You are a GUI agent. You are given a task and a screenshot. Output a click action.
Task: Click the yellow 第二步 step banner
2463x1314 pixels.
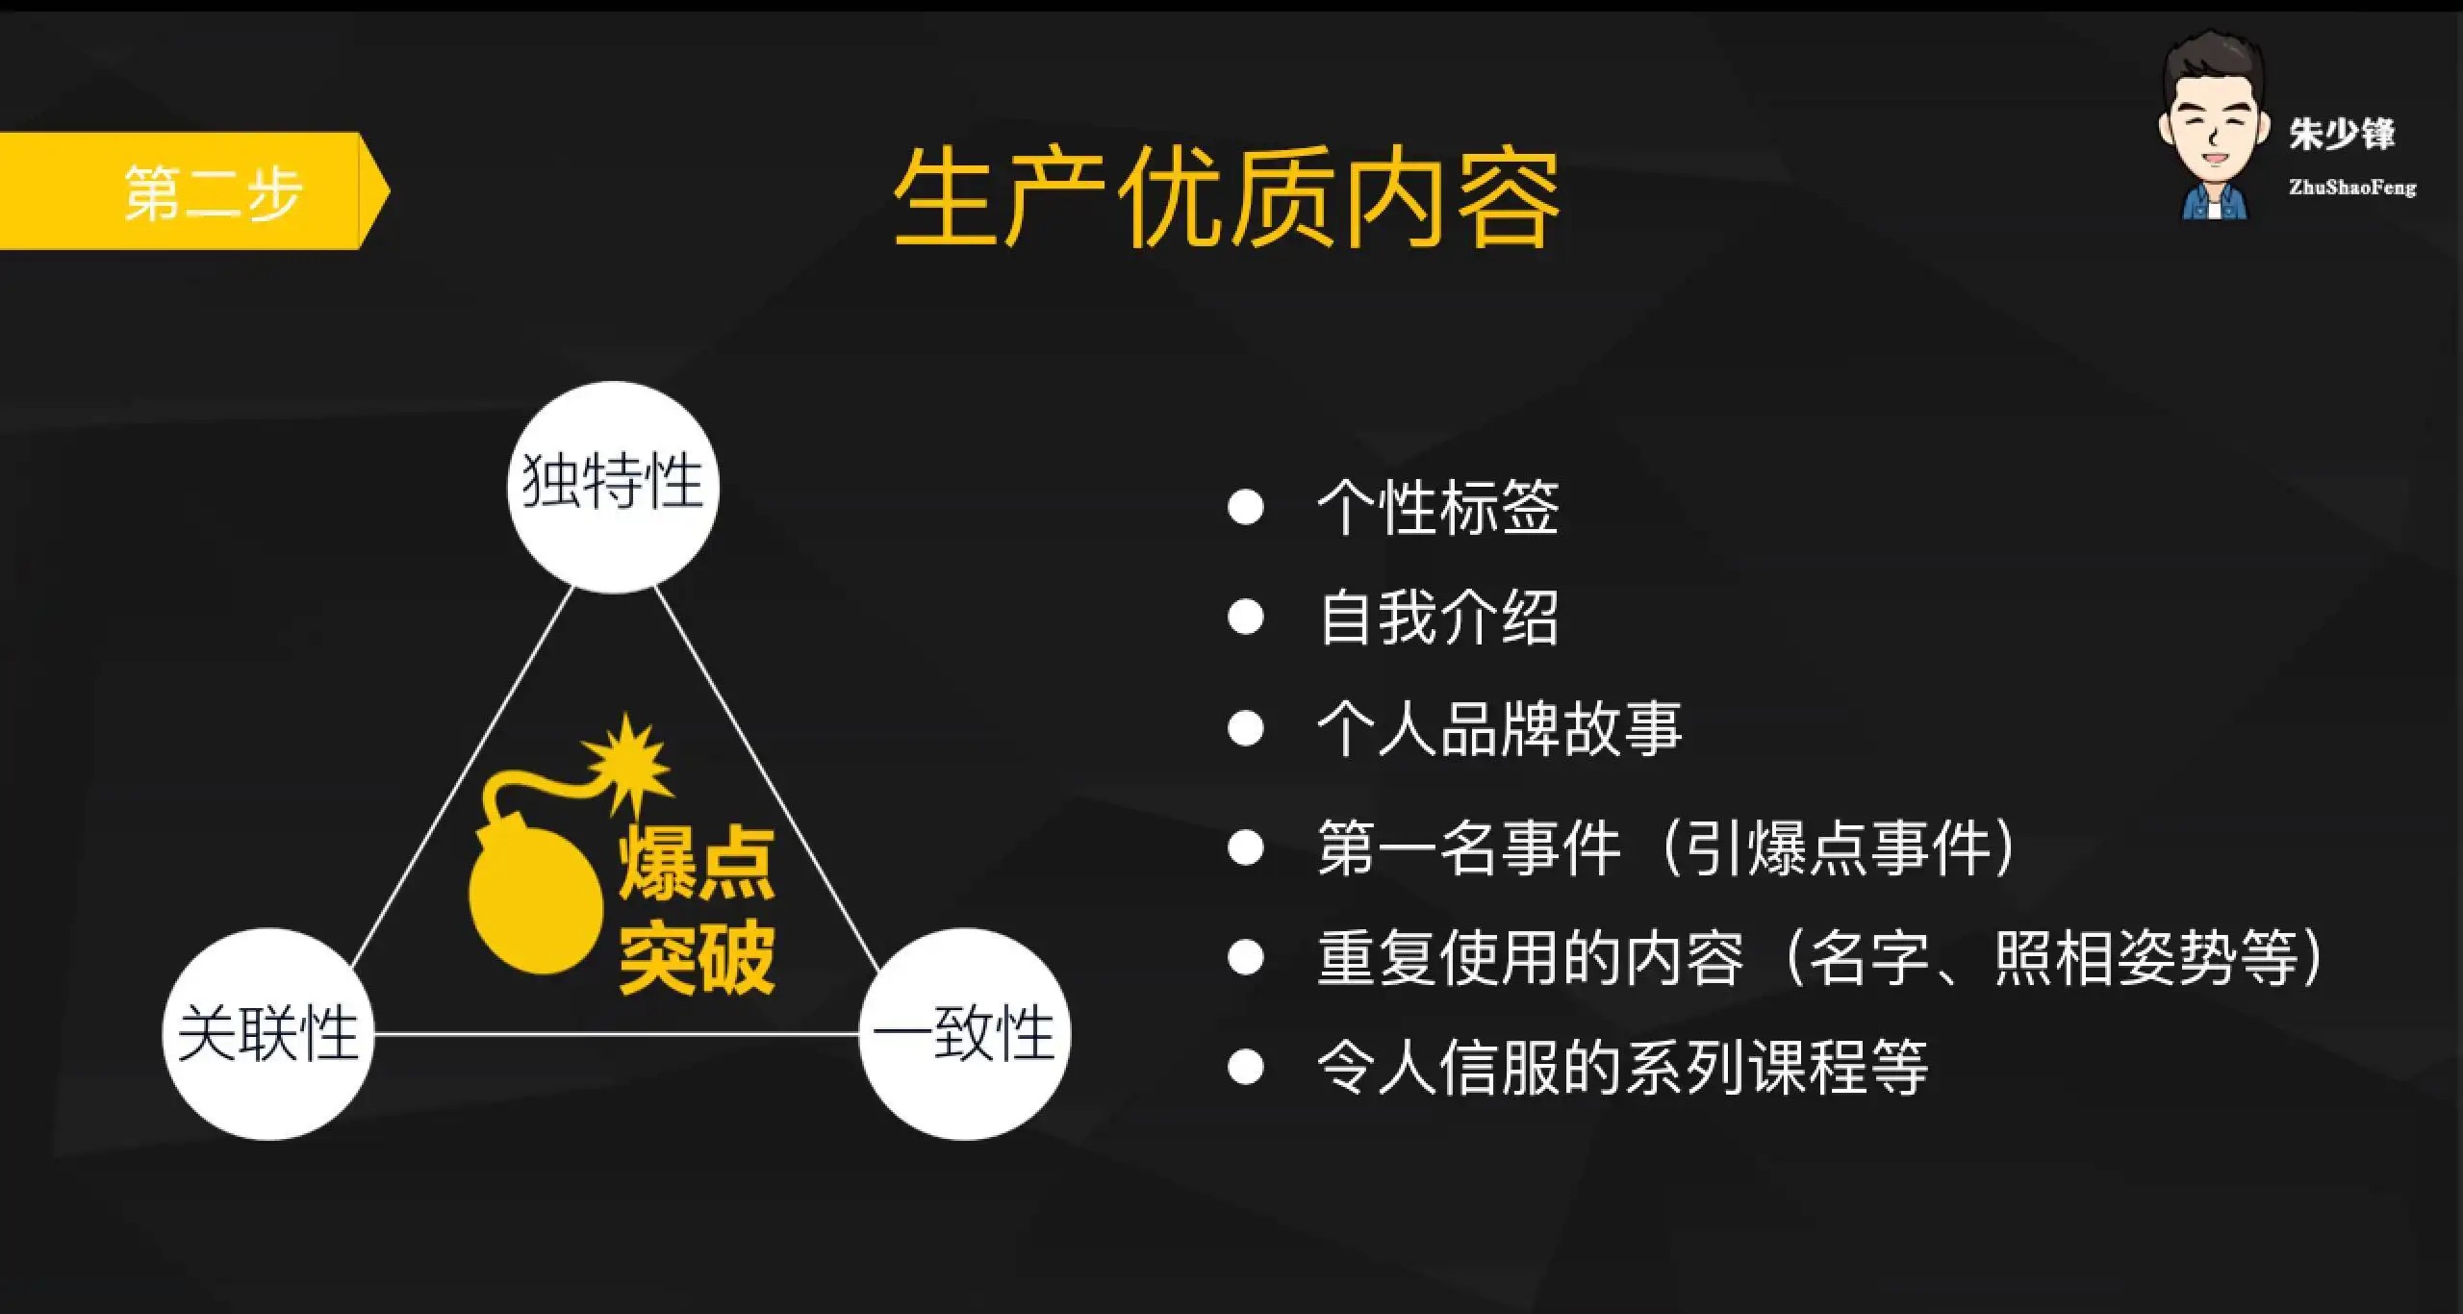pyautogui.click(x=192, y=191)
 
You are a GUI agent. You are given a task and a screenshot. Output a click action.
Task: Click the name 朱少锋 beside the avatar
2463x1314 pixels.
pyautogui.click(x=2341, y=134)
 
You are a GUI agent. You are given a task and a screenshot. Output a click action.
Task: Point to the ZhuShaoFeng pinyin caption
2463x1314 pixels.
pyautogui.click(x=2351, y=188)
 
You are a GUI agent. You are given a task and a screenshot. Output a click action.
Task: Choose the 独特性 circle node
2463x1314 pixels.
pyautogui.click(x=613, y=486)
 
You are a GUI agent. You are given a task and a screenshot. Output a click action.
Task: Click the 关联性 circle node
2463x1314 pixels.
pyautogui.click(x=267, y=1034)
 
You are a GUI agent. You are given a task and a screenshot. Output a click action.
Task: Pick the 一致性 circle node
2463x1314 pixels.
pyautogui.click(x=964, y=1034)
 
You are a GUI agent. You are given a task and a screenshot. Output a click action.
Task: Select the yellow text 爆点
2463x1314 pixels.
pyautogui.click(x=697, y=864)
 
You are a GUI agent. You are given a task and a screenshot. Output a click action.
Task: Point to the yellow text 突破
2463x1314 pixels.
pyautogui.click(x=697, y=957)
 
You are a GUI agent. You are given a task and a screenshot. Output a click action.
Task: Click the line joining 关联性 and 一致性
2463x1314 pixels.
pyautogui.click(x=616, y=1034)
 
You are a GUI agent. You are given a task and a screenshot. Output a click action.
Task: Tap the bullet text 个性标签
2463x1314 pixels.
pyautogui.click(x=1437, y=507)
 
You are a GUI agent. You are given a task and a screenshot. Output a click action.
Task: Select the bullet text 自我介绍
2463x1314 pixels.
pyautogui.click(x=1437, y=618)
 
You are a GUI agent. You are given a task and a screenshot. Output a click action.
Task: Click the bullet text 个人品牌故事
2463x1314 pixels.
pyautogui.click(x=1499, y=728)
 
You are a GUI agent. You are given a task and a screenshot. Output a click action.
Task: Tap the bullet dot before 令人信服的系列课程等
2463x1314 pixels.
pyautogui.click(x=1246, y=1067)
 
